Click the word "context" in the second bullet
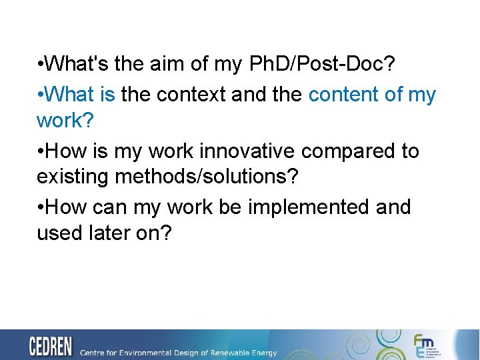(x=191, y=95)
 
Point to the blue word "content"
(x=343, y=95)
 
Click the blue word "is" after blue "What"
(x=107, y=95)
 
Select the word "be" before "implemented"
(x=230, y=207)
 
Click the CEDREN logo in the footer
(x=51, y=347)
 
